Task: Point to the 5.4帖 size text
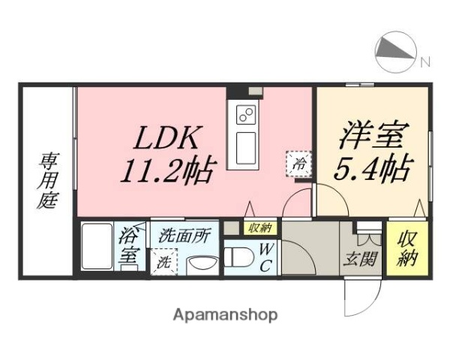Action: [370, 171]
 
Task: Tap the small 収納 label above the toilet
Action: [260, 227]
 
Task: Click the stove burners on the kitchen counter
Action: [246, 115]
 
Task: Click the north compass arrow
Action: [397, 50]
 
